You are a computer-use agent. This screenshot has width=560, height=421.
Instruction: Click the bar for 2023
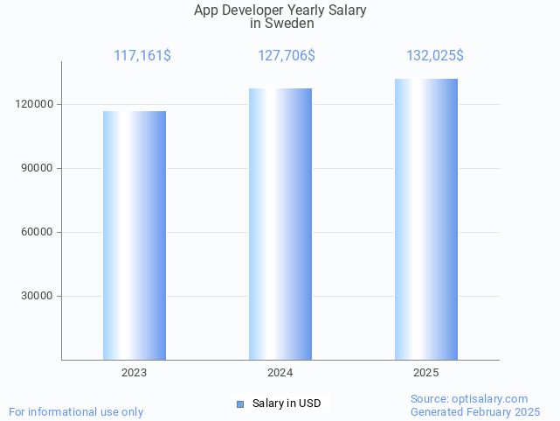[x=135, y=235]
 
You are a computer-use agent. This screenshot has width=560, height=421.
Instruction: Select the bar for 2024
[x=280, y=224]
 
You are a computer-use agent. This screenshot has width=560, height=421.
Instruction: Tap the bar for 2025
[x=426, y=219]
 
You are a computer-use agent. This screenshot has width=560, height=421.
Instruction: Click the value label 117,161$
[x=142, y=56]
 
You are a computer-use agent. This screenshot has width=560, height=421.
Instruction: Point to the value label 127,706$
[x=287, y=56]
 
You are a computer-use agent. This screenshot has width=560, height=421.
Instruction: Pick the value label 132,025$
[x=435, y=56]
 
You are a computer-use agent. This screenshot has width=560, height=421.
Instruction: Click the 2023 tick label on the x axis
[x=135, y=373]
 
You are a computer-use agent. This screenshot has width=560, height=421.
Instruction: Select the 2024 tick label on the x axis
[x=280, y=373]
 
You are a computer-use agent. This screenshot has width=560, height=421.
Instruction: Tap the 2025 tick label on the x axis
[x=426, y=373]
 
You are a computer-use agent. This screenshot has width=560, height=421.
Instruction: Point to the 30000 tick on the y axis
[x=37, y=296]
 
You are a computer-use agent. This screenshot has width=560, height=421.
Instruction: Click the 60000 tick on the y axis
[x=37, y=232]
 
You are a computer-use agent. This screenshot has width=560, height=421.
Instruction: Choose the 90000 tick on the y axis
[x=37, y=168]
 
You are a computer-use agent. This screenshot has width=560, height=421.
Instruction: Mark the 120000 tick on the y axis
[x=34, y=104]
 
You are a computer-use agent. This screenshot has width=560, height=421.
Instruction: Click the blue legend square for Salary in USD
[x=240, y=403]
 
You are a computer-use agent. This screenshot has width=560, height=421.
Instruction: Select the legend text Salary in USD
[x=287, y=403]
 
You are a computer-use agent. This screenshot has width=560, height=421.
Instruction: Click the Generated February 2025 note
[x=475, y=411]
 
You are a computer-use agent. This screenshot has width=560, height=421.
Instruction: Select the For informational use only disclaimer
[x=76, y=411]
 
